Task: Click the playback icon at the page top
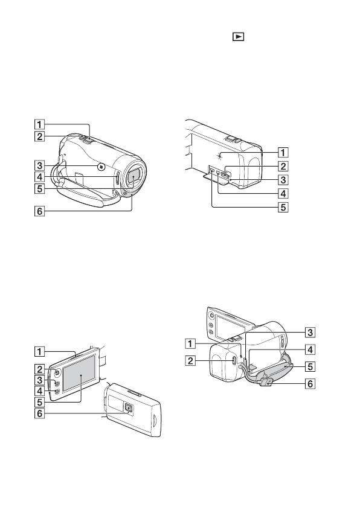pos(238,37)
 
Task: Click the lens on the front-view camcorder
pos(133,177)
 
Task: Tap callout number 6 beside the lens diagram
pos(39,211)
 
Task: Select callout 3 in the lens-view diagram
pos(39,166)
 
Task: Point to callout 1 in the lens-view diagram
pos(39,124)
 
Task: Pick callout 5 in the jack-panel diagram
pos(283,207)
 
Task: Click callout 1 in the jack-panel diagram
pos(283,152)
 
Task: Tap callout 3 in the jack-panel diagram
pos(283,179)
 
